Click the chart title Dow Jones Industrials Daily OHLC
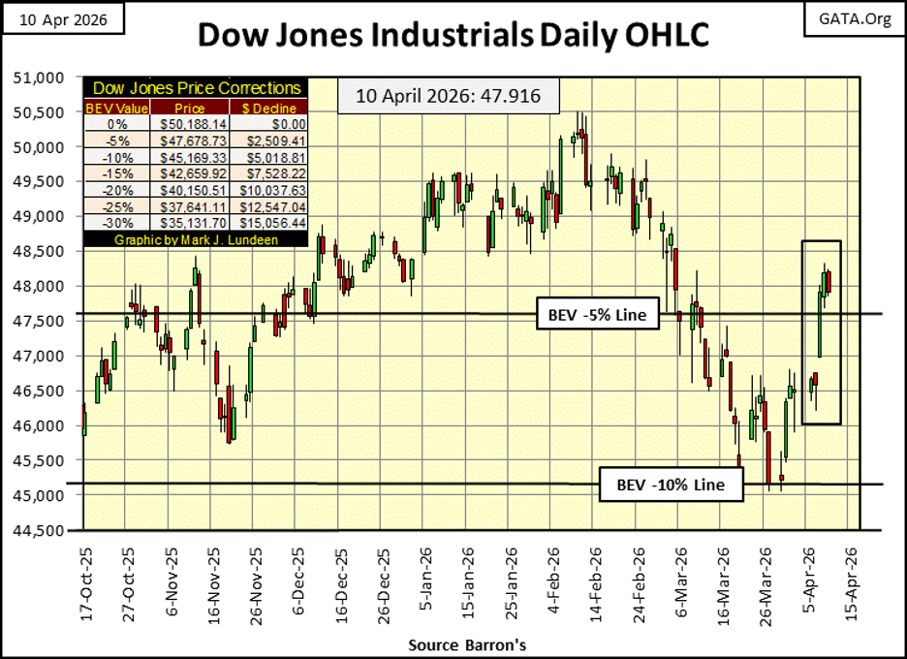(x=453, y=35)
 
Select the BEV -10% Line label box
(x=671, y=484)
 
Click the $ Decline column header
(x=266, y=109)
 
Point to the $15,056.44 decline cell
(x=266, y=224)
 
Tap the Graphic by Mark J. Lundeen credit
(x=194, y=238)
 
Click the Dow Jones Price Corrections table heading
(x=194, y=88)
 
